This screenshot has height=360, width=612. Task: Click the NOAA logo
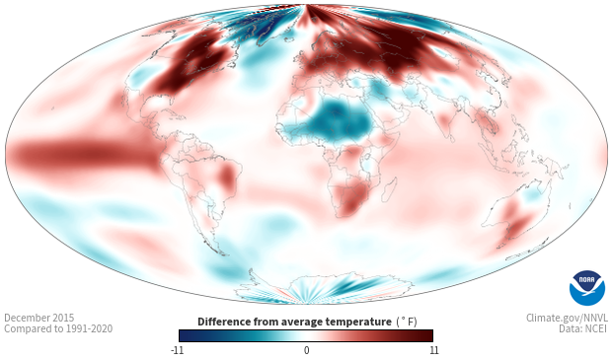pyautogui.click(x=587, y=288)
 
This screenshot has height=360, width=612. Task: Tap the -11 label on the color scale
pyautogui.click(x=177, y=350)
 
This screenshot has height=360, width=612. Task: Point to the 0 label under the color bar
pyautogui.click(x=306, y=350)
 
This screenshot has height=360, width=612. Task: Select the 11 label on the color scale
pyautogui.click(x=433, y=350)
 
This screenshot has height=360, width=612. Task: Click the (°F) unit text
pyautogui.click(x=407, y=323)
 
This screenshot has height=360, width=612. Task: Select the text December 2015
pyautogui.click(x=39, y=318)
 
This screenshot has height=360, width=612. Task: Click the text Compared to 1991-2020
pyautogui.click(x=58, y=328)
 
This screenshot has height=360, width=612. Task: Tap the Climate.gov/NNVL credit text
pyautogui.click(x=567, y=318)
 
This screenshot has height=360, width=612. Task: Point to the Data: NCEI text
pyautogui.click(x=583, y=328)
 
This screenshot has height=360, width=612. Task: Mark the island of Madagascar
pyautogui.click(x=389, y=189)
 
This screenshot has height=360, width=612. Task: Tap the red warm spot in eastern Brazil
pyautogui.click(x=226, y=178)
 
